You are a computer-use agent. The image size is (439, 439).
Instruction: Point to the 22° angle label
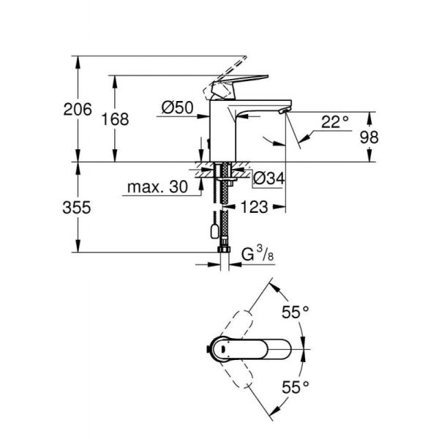point(335,121)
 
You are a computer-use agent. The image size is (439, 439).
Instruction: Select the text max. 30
point(157,187)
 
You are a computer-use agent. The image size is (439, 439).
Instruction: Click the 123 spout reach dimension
point(254,208)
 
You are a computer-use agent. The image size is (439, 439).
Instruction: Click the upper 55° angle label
point(296,313)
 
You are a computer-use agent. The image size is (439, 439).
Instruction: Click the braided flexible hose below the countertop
point(222,212)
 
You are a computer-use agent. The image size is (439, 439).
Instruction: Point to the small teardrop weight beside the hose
point(211,233)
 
